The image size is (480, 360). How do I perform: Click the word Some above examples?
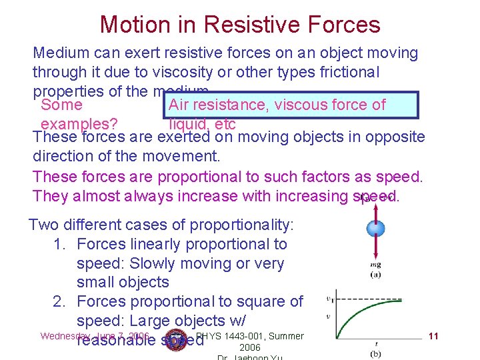coord(61,105)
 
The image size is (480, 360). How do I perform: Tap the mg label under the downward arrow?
coord(375,265)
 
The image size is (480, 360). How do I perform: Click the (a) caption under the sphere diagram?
coord(375,274)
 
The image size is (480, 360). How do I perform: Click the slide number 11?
coord(433,336)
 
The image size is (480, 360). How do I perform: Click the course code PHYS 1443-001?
coord(230,336)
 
